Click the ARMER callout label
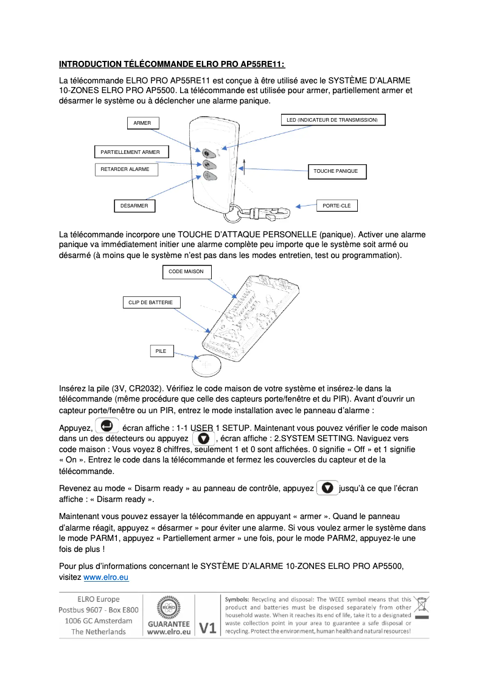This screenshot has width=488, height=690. click(142, 123)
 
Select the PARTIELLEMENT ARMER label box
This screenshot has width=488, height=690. click(131, 152)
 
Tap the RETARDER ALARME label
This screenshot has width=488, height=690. click(125, 169)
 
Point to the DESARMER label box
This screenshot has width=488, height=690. click(134, 206)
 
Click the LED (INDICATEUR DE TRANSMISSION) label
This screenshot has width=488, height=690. click(332, 120)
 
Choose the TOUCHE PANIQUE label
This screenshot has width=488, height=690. click(336, 172)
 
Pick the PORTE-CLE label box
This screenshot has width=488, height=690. click(336, 206)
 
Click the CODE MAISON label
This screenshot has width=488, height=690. click(186, 271)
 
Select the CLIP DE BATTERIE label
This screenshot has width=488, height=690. click(151, 302)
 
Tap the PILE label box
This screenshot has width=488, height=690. click(161, 351)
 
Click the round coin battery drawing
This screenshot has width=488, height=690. click(209, 366)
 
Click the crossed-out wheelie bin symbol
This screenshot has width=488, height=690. click(420, 605)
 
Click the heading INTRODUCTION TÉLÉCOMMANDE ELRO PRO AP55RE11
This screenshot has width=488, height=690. click(172, 64)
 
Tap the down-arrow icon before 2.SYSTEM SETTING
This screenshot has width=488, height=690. click(204, 438)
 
